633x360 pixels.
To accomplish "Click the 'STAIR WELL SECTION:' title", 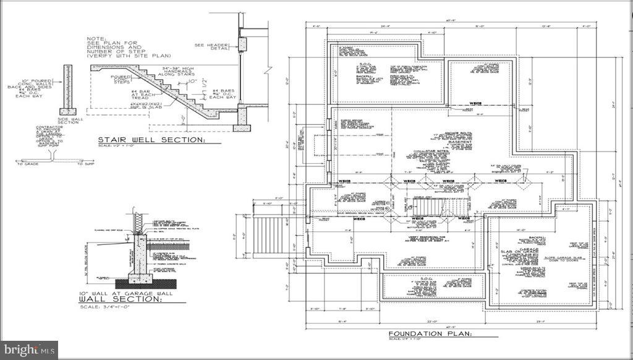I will [x=151, y=140].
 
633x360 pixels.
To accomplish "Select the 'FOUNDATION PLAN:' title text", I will [x=430, y=334].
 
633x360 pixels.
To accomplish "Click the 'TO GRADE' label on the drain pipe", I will [x=28, y=163].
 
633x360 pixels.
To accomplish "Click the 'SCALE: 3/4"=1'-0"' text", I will [x=103, y=307].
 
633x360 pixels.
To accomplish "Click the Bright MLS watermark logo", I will [x=29, y=350].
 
